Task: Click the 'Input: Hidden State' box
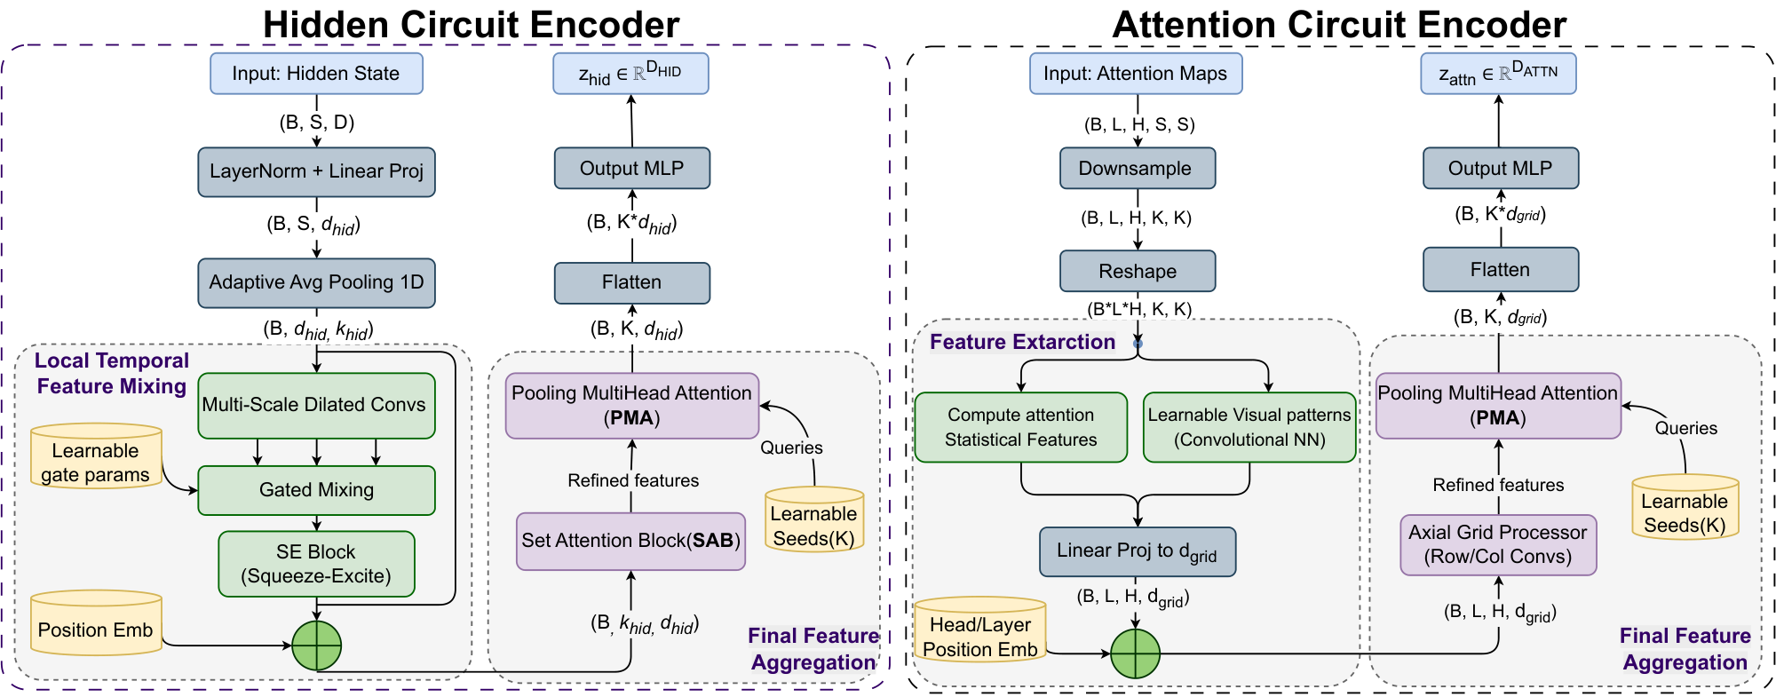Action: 316,74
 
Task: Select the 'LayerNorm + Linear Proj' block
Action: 316,171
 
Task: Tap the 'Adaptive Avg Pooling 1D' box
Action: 316,282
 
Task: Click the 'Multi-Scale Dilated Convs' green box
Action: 316,405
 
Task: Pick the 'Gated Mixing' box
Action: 316,490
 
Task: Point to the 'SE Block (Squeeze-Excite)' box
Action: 316,564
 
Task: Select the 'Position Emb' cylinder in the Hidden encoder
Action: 96,627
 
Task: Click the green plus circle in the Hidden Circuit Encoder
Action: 317,646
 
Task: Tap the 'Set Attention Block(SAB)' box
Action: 630,541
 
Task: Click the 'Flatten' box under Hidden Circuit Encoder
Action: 631,282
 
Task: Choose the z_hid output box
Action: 630,74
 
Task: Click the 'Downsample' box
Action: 1137,169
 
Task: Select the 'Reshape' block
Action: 1137,271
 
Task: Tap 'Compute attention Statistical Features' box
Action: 1020,427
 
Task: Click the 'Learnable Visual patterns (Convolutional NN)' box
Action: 1249,427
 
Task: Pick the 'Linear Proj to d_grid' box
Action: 1137,551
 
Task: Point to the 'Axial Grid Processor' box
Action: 1498,544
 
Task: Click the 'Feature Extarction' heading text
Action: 1022,342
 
